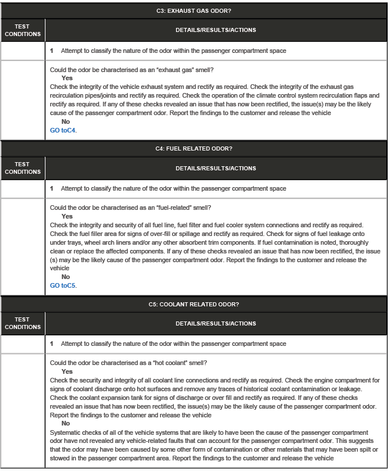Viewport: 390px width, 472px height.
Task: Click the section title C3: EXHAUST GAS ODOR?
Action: point(194,11)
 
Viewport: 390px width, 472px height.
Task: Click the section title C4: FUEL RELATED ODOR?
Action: point(194,149)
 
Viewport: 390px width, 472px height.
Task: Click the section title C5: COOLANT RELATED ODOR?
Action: point(194,304)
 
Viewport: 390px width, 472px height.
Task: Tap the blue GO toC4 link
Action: point(63,130)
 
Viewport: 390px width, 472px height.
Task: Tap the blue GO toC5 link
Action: point(63,285)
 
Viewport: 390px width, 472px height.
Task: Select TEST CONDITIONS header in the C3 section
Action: point(23,30)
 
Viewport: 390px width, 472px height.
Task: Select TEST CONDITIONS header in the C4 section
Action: point(23,168)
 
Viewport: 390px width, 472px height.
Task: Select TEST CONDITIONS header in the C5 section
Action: point(23,323)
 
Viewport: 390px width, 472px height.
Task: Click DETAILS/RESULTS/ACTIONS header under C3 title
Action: point(216,30)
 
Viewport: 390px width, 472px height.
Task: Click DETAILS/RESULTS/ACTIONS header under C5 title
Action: point(216,323)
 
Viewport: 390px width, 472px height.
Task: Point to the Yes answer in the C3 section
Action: point(67,78)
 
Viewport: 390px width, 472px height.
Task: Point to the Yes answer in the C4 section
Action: point(67,216)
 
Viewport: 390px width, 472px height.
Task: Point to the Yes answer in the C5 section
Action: point(67,371)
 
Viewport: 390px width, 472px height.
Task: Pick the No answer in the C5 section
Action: point(66,424)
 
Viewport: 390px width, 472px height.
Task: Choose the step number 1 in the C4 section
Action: point(52,189)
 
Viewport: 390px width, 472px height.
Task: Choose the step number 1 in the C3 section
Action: point(52,51)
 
